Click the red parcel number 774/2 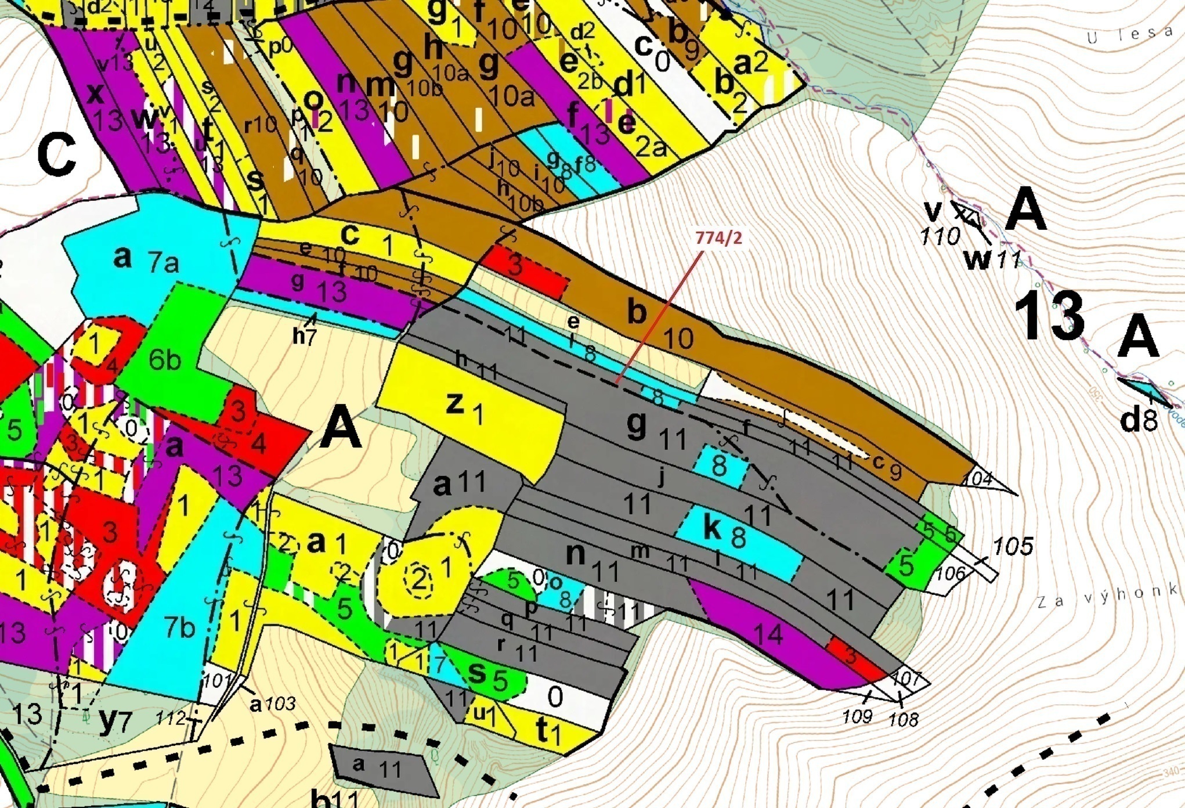[718, 238]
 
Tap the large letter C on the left [56, 156]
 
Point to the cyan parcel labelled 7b [168, 627]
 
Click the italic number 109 [857, 716]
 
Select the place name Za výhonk [1108, 598]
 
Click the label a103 [273, 704]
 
